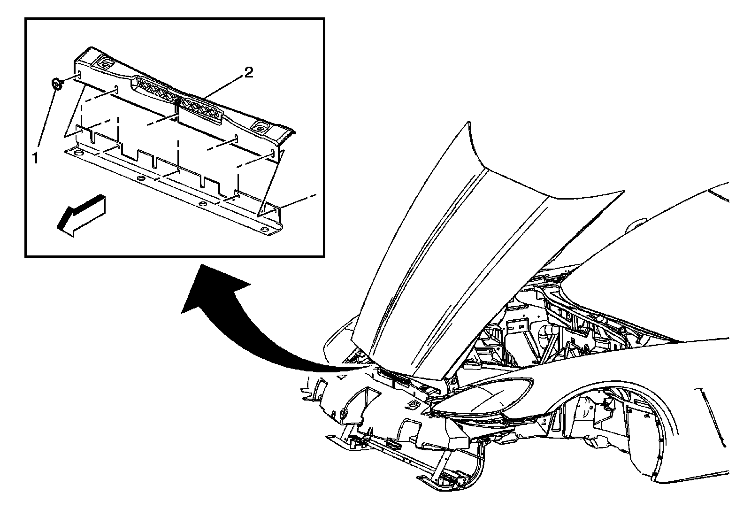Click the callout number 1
click(35, 158)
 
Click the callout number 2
click(248, 72)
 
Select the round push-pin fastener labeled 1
click(57, 83)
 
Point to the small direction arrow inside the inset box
click(81, 216)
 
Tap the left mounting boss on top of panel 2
click(106, 63)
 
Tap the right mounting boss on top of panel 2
click(261, 127)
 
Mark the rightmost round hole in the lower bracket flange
click(265, 231)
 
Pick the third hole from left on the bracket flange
click(203, 205)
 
